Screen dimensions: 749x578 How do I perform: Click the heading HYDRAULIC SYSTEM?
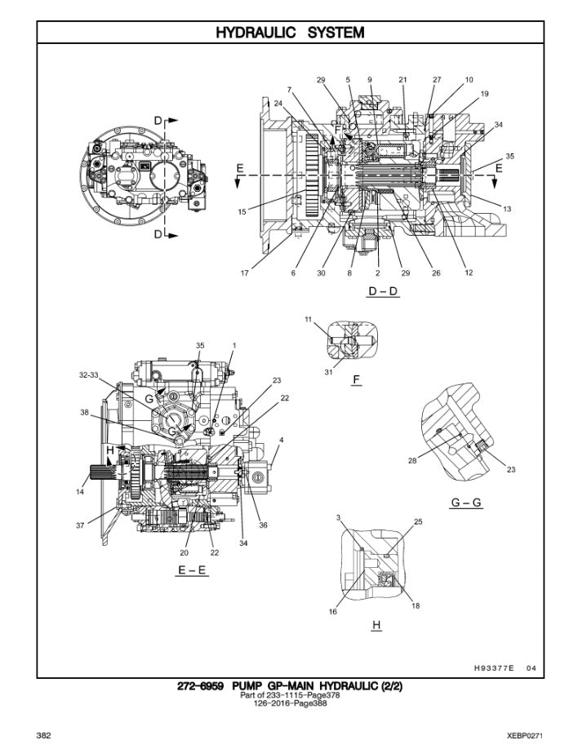pos(289,33)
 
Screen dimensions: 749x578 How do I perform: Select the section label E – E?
pos(192,571)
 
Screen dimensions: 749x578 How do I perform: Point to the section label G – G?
pos(466,503)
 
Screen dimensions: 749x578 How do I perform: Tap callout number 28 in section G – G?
pos(413,462)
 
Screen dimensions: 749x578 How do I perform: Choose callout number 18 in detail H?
pos(416,606)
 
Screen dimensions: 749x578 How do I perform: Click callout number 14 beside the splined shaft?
pos(80,492)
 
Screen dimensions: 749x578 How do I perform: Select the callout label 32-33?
pos(89,374)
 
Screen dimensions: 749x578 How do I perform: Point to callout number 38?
pos(84,413)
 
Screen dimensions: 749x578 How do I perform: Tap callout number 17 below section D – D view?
pos(244,273)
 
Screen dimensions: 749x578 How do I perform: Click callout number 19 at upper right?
pos(484,94)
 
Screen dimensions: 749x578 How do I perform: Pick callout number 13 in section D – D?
pos(507,209)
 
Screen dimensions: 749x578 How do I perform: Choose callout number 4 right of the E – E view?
pos(281,441)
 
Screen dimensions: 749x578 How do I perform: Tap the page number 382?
pos(44,735)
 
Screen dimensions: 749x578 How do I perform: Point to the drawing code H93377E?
pos(494,667)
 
